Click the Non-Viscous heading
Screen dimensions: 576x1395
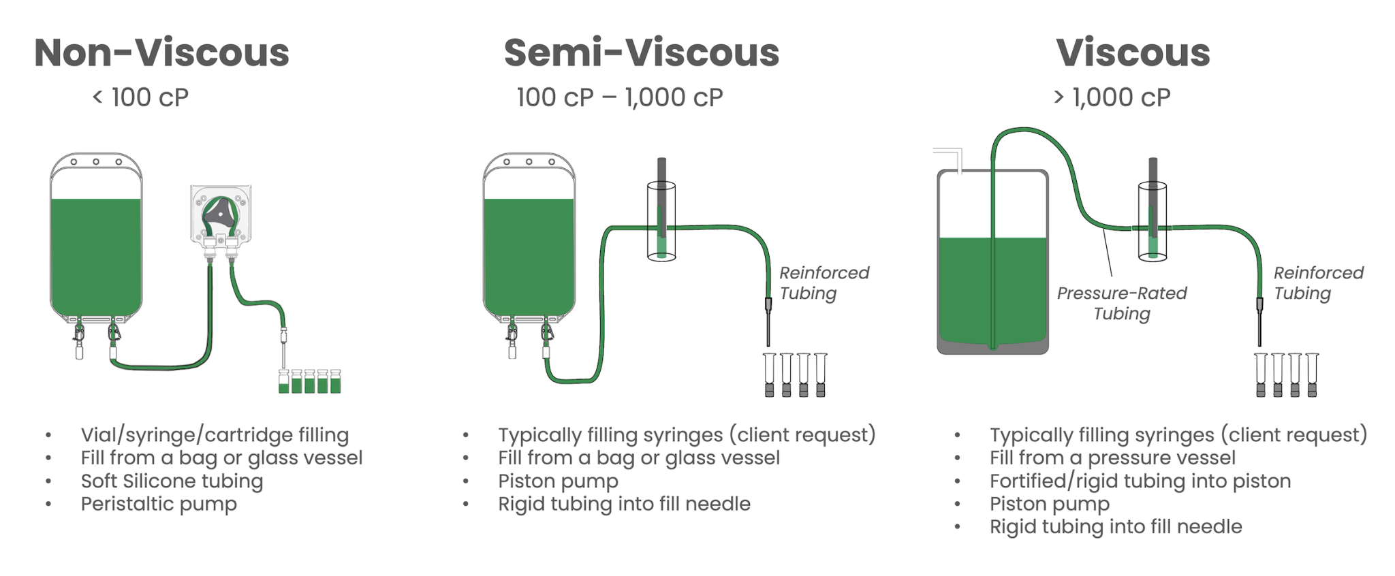coord(161,53)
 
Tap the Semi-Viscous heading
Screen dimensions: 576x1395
coord(641,53)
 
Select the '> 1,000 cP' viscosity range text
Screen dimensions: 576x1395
coord(1112,98)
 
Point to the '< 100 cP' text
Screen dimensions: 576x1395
coord(140,98)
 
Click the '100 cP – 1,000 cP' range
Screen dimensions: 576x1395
coord(619,98)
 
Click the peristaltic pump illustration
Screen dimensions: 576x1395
coord(221,214)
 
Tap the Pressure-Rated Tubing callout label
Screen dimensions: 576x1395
coord(1122,303)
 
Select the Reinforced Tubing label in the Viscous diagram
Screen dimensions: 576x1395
coord(1318,283)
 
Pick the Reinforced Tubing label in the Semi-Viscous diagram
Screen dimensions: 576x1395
coord(824,283)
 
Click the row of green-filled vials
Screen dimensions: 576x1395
coord(309,382)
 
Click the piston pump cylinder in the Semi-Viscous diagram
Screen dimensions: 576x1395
coord(661,221)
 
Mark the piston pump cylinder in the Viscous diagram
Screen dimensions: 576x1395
coord(1153,221)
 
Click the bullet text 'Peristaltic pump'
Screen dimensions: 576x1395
coord(159,504)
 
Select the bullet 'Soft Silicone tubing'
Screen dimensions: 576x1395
coord(172,481)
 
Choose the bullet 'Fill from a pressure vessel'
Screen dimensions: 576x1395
coord(1112,458)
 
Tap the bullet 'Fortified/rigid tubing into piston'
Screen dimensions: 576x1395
coord(1140,481)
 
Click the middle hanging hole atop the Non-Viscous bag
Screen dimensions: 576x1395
coord(96,162)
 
